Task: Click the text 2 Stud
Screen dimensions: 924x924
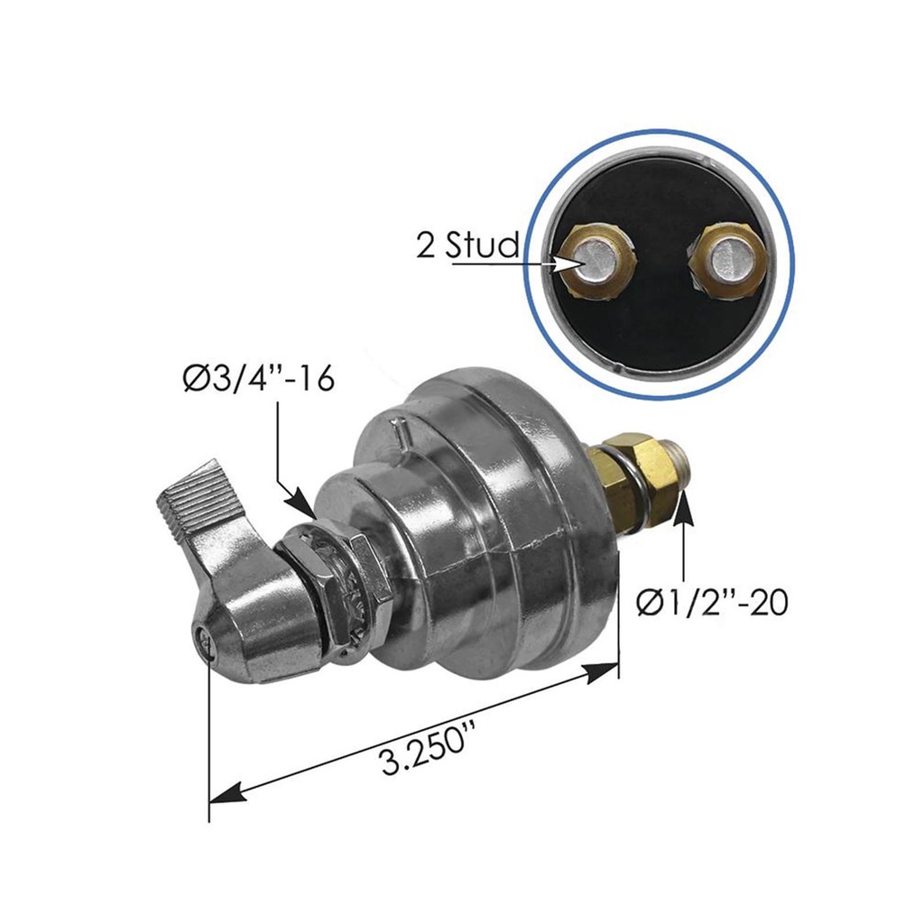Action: click(467, 245)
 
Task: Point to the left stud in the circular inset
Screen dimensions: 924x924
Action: click(595, 261)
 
